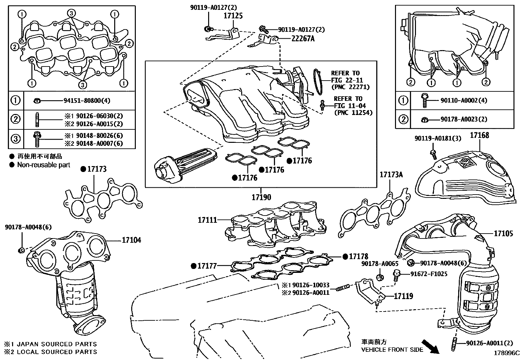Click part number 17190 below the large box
[x=261, y=197]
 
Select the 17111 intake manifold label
[x=207, y=220]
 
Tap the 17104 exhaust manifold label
[x=131, y=240]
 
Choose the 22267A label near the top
[x=303, y=39]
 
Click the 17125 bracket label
[x=233, y=16]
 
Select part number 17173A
[x=391, y=175]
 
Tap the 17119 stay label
[x=403, y=296]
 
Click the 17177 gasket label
[x=207, y=266]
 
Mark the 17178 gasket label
[x=358, y=256]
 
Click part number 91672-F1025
[x=429, y=274]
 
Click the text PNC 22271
[x=350, y=87]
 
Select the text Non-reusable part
[x=44, y=165]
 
